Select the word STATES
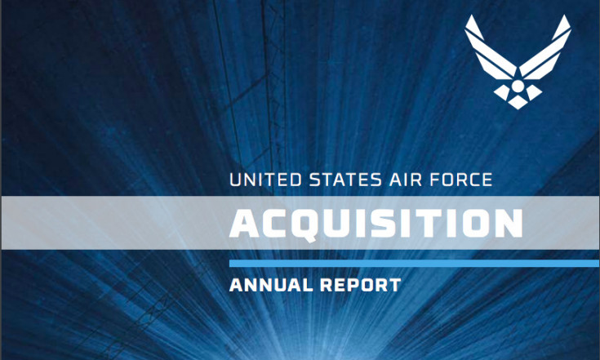tap(345, 180)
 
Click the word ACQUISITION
tap(376, 224)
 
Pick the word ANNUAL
tap(270, 285)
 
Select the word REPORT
tap(361, 285)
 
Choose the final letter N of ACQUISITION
tap(508, 224)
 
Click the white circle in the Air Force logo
tap(518, 86)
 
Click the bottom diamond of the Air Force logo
tap(518, 102)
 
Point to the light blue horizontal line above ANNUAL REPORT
tap(414, 263)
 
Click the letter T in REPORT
tap(394, 285)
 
